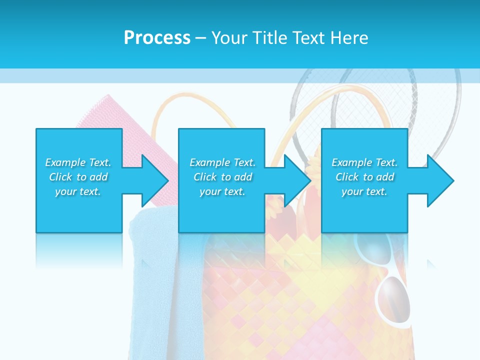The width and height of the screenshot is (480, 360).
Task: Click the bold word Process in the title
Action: pyautogui.click(x=157, y=38)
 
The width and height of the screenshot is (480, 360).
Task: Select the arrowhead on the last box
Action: pyautogui.click(x=439, y=180)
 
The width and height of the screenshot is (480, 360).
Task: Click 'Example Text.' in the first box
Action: pyautogui.click(x=78, y=162)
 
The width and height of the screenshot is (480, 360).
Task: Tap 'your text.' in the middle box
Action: pyautogui.click(x=222, y=191)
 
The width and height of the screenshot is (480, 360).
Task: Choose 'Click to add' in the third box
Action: pyautogui.click(x=364, y=177)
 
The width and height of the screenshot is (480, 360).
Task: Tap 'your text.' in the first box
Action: pyautogui.click(x=78, y=191)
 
